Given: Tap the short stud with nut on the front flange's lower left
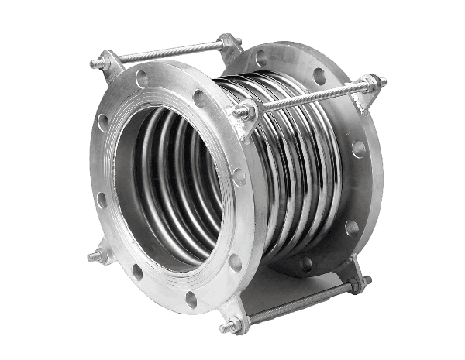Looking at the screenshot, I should (x=97, y=255).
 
